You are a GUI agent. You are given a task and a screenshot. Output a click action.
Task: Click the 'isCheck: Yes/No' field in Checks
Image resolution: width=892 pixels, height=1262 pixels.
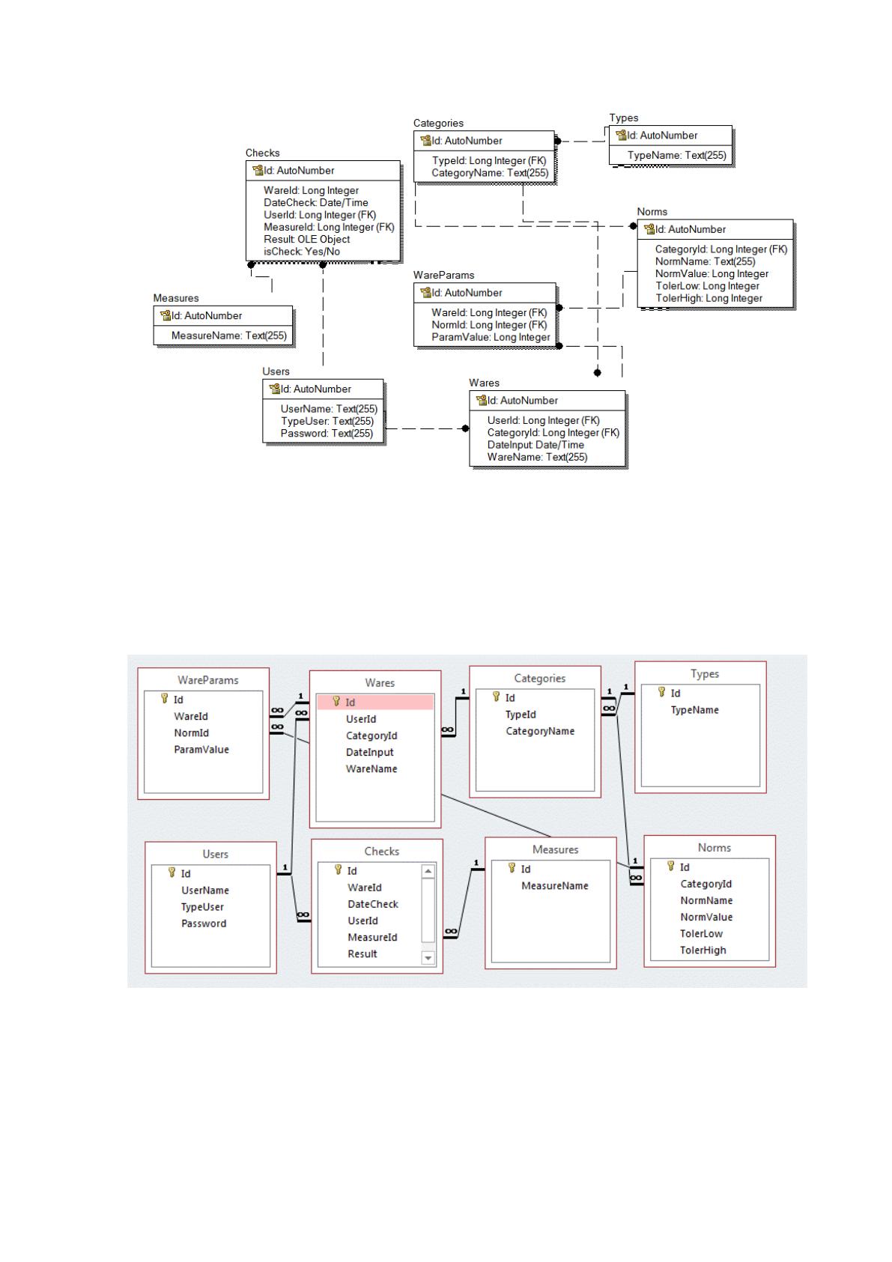pyautogui.click(x=302, y=251)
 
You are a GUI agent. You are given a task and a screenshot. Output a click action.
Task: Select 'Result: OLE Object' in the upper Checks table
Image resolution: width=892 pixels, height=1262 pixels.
pyautogui.click(x=306, y=239)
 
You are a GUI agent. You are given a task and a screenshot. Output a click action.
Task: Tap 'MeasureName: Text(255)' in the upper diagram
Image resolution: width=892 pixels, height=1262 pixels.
pyautogui.click(x=228, y=336)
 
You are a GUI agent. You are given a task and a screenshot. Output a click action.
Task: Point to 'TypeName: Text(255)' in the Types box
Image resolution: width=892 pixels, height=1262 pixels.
pyautogui.click(x=676, y=155)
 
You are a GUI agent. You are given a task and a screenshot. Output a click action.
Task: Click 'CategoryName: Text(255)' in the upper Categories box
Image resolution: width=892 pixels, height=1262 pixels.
pyautogui.click(x=490, y=172)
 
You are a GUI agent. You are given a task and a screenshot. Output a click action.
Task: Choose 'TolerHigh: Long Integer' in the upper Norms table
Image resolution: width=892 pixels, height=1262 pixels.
pyautogui.click(x=709, y=298)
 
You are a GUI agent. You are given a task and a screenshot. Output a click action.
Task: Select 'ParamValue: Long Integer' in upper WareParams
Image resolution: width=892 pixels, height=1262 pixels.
pyautogui.click(x=491, y=337)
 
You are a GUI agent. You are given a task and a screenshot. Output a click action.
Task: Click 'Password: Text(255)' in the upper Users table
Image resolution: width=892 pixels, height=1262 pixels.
pyautogui.click(x=327, y=433)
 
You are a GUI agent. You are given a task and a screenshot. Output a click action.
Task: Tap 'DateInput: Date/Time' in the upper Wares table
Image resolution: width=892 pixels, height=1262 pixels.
pyautogui.click(x=535, y=445)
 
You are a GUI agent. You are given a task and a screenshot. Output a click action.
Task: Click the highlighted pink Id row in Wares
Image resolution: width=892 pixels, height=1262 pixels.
pyautogui.click(x=374, y=702)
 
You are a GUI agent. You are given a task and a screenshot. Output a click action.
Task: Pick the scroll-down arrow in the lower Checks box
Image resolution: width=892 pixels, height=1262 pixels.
pyautogui.click(x=428, y=957)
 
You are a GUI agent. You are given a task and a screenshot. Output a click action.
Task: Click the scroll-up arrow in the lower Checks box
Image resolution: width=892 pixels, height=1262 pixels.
pyautogui.click(x=428, y=872)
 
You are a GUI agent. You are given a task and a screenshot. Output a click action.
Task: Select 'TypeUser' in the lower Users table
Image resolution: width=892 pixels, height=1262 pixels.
pyautogui.click(x=201, y=906)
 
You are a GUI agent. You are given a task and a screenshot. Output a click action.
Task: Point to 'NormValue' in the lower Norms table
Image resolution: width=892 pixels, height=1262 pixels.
pyautogui.click(x=706, y=917)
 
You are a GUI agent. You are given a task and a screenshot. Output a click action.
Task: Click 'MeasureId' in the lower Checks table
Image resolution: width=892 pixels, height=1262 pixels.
pyautogui.click(x=372, y=937)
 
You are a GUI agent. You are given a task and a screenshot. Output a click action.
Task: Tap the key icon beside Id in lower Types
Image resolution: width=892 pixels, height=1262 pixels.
pyautogui.click(x=661, y=692)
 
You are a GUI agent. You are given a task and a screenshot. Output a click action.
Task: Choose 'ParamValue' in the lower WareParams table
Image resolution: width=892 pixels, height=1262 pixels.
pyautogui.click(x=201, y=749)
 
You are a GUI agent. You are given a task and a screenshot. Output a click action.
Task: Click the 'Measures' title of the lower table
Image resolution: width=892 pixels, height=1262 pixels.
pyautogui.click(x=555, y=849)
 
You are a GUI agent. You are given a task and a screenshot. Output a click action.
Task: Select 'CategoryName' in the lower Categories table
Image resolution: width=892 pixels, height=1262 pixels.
pyautogui.click(x=539, y=731)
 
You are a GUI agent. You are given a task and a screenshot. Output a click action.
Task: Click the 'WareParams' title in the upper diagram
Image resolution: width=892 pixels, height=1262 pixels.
pyautogui.click(x=443, y=275)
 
